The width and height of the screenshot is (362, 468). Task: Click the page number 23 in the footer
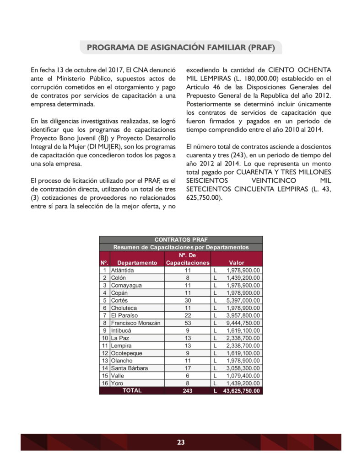[x=181, y=442]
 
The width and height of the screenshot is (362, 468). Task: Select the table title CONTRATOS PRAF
[x=181, y=239]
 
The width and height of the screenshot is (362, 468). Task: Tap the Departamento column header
[x=137, y=263]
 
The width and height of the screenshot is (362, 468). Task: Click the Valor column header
[x=237, y=263]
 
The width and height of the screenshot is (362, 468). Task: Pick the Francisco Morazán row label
[x=135, y=323]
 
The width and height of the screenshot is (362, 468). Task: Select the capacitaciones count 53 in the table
[x=188, y=323]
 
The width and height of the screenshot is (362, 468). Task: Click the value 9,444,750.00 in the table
[x=243, y=323]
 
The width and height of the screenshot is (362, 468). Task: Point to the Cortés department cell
[x=119, y=301]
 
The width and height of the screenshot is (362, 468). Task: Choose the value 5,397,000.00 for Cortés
[x=243, y=301]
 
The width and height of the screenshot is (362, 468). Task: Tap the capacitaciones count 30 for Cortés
[x=188, y=301]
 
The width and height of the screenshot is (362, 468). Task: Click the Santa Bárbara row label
[x=130, y=368]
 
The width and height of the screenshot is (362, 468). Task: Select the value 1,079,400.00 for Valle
[x=243, y=376]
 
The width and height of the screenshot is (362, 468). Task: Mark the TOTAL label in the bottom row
[x=132, y=391]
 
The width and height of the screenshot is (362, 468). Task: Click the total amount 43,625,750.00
[x=241, y=391]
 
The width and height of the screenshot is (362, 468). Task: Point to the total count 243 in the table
[x=188, y=391]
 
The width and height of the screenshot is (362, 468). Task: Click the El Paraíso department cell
[x=124, y=315]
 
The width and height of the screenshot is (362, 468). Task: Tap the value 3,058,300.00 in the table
[x=243, y=368]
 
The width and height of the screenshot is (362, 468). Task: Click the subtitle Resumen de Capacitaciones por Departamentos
[x=181, y=247]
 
